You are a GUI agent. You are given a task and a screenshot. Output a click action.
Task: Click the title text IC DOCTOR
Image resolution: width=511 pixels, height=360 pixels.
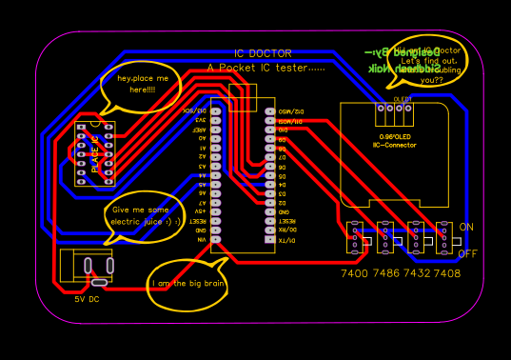[x=263, y=53]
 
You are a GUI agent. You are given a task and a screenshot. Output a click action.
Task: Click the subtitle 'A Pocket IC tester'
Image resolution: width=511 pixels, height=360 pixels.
[x=266, y=69]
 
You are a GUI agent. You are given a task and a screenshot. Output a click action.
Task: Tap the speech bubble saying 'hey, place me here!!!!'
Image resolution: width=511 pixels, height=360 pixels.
[x=141, y=85]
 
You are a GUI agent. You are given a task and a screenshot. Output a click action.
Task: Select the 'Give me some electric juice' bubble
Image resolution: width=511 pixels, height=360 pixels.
[x=146, y=215]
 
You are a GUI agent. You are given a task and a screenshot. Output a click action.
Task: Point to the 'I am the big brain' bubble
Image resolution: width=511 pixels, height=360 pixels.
[x=187, y=283]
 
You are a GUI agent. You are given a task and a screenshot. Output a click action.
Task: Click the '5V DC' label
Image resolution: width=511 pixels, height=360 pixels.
[x=87, y=299]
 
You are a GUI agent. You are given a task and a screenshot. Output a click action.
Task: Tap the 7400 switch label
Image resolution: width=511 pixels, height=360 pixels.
[x=354, y=273]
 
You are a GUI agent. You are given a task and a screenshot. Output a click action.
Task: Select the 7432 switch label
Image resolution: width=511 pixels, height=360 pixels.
[x=416, y=273]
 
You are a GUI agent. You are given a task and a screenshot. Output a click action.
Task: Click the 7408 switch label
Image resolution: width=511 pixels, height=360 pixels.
[x=446, y=273]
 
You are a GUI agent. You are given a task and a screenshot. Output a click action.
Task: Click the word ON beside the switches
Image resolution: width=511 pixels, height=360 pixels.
[x=466, y=228]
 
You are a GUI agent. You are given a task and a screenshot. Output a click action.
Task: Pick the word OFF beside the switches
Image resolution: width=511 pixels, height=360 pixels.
[x=468, y=253]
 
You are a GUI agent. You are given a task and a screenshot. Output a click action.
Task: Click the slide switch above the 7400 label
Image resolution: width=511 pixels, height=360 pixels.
[x=354, y=238]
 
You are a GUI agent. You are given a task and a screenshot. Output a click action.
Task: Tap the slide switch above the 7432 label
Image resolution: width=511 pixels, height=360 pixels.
[x=415, y=238]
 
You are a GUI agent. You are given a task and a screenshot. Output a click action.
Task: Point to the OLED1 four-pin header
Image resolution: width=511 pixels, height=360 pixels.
[x=394, y=113]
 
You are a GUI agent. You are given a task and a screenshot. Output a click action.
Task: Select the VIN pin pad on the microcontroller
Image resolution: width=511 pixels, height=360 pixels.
[x=217, y=240]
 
